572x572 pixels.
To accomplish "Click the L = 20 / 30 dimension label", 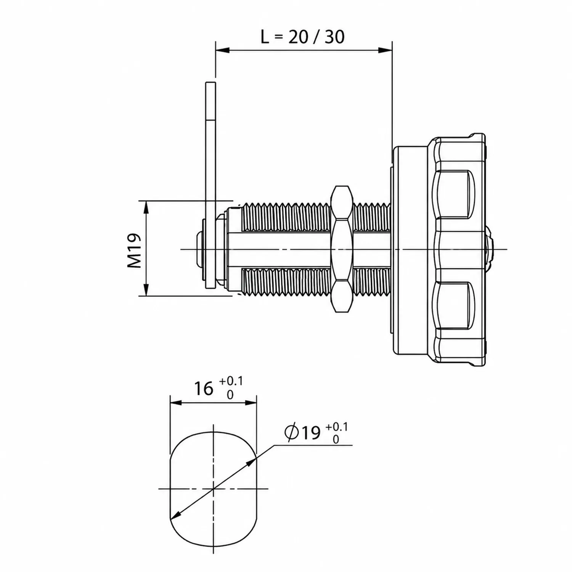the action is (x=302, y=37).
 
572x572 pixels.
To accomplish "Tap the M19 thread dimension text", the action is (x=134, y=251).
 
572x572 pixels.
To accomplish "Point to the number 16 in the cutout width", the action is (x=204, y=389).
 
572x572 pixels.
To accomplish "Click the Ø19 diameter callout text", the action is (x=302, y=432).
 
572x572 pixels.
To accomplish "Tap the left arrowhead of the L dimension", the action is (x=223, y=50).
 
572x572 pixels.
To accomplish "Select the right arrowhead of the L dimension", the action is (x=385, y=50).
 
